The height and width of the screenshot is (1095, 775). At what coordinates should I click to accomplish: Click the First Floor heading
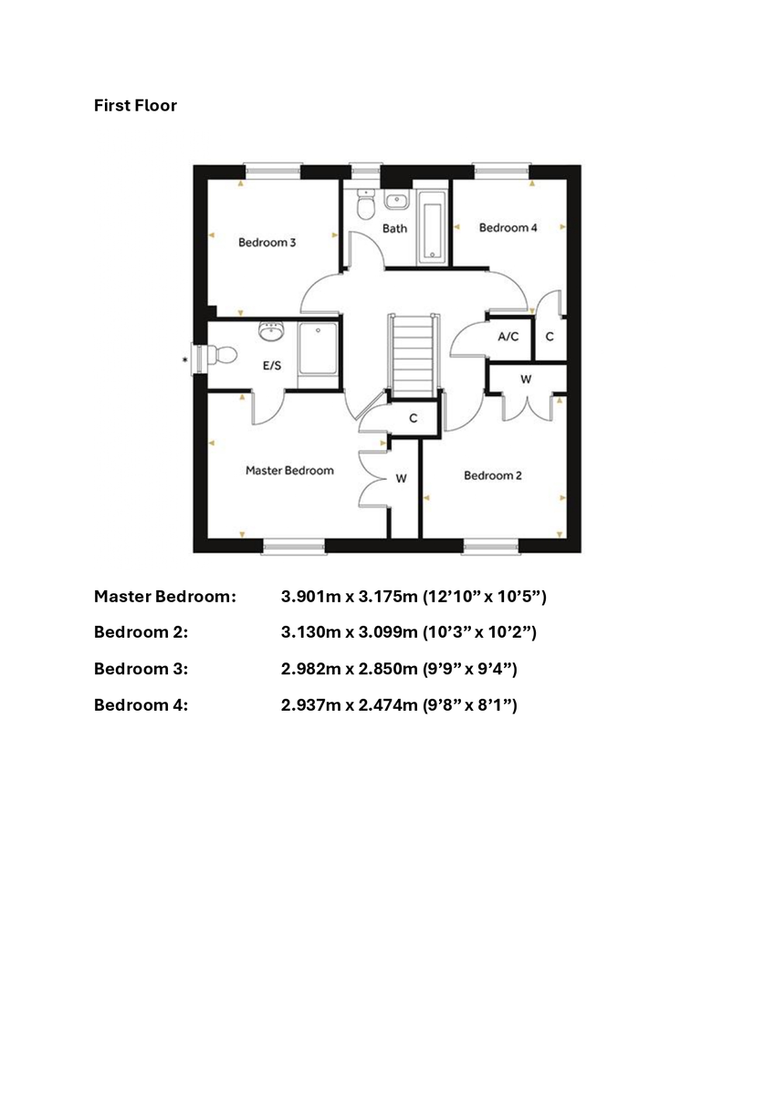coord(135,106)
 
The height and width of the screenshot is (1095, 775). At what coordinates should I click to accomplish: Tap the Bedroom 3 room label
coord(267,243)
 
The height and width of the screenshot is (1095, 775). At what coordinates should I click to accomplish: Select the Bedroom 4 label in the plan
coord(508,228)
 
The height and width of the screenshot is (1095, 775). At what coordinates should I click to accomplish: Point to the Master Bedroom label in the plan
coord(289,471)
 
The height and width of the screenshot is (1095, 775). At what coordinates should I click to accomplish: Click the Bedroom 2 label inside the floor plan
coord(493,475)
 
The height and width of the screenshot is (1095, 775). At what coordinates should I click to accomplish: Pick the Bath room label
coord(394,228)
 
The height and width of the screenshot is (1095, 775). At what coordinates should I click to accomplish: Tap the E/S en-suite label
coord(272,366)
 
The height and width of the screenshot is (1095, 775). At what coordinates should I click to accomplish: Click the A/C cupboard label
coord(508,337)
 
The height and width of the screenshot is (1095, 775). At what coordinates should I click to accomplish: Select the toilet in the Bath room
coord(365,203)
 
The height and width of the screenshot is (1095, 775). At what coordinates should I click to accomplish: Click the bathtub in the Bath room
coord(432,228)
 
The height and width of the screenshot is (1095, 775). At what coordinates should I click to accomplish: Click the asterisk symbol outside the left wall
coord(184,360)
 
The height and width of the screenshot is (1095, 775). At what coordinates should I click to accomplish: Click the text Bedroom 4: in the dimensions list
coord(141,705)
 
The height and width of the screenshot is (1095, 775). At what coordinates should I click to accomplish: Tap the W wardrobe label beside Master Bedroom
coord(401,478)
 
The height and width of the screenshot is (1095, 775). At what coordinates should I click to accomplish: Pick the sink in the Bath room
coord(396,201)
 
